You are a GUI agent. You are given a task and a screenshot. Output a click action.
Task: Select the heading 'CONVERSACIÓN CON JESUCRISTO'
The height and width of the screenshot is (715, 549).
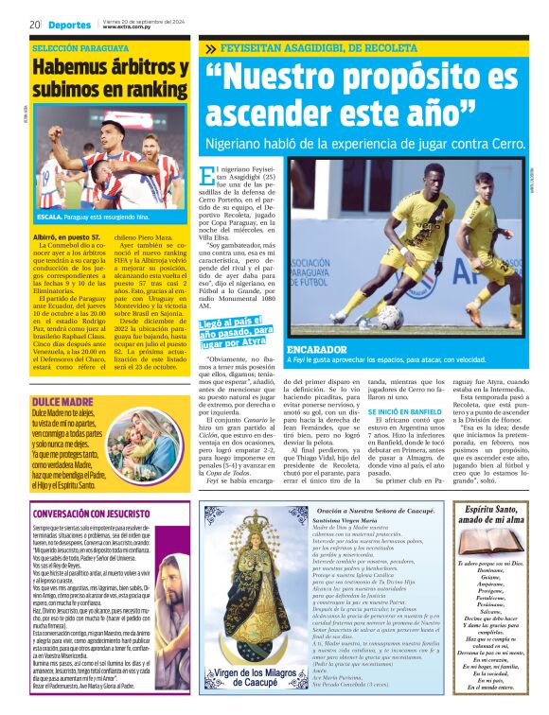pyautogui.click(x=86, y=514)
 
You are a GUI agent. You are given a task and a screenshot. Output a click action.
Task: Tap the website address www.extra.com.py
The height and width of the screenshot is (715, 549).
pyautogui.click(x=130, y=27)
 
